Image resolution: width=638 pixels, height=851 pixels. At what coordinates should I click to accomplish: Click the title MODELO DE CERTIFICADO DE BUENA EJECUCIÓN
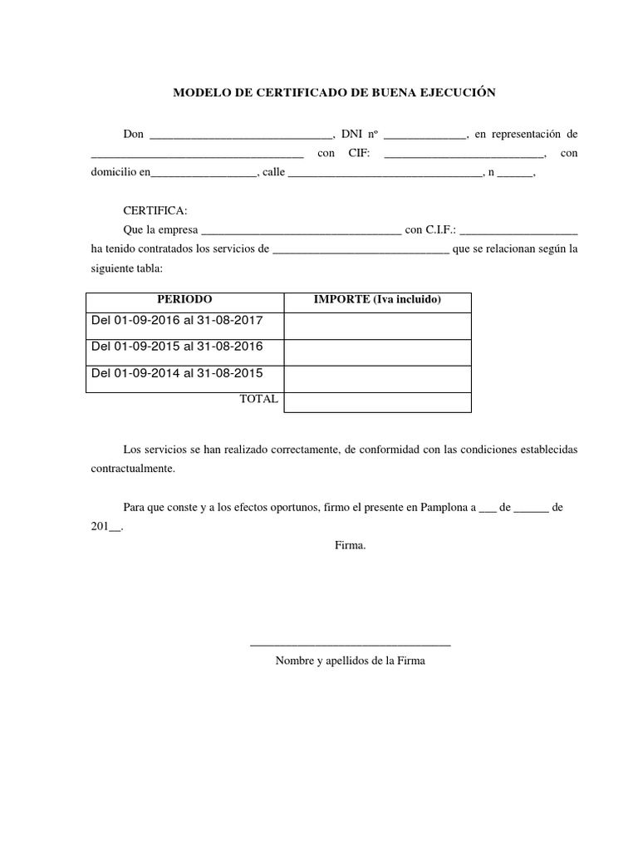click(334, 92)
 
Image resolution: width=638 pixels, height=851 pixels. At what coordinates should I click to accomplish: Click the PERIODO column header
click(185, 299)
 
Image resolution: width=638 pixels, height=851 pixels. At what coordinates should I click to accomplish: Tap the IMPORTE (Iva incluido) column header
click(377, 299)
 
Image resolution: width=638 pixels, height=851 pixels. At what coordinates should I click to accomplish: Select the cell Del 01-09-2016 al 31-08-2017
click(176, 321)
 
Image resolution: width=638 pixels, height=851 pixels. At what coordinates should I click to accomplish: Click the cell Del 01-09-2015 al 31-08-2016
click(176, 347)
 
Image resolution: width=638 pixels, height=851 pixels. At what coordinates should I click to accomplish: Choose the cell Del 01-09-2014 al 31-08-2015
click(176, 372)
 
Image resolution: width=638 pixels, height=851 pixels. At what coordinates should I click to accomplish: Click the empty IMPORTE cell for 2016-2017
click(377, 326)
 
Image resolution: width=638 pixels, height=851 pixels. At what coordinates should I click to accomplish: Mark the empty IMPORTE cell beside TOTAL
click(377, 402)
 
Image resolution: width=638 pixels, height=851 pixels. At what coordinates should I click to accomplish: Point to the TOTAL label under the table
click(258, 399)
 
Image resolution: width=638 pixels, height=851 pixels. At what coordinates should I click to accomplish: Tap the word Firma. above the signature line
click(350, 545)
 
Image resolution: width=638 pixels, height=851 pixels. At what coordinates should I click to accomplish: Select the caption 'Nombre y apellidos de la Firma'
click(350, 662)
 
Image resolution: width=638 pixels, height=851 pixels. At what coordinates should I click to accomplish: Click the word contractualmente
click(133, 469)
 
